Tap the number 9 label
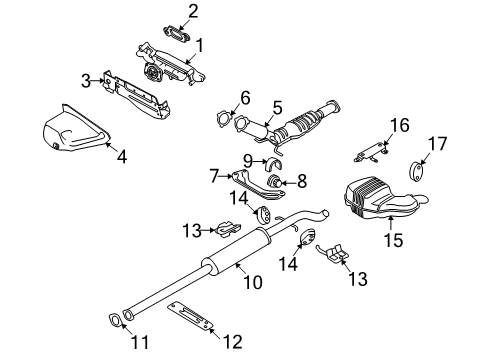coord(247,159)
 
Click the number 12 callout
coord(233,342)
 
